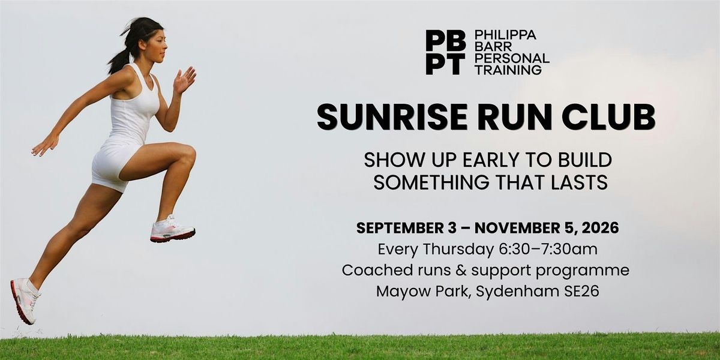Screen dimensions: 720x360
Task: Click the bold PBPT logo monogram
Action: (x=445, y=52)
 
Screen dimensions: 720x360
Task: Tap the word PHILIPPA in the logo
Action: (x=505, y=35)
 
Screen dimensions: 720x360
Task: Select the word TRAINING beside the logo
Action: (x=508, y=70)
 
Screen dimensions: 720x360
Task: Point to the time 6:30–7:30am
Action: (x=548, y=250)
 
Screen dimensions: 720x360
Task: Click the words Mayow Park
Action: (x=423, y=291)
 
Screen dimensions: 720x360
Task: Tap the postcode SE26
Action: (x=582, y=291)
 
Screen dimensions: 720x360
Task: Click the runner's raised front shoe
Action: (x=172, y=229)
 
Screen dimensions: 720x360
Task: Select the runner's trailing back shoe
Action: (x=25, y=301)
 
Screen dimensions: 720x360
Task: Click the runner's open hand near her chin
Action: (x=184, y=80)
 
